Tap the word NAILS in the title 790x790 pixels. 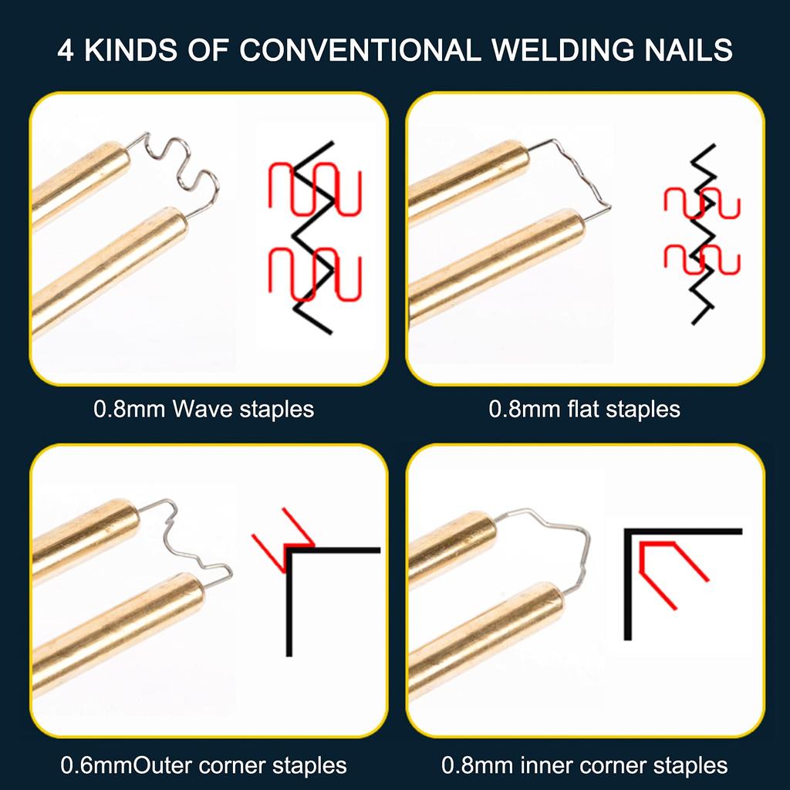pyautogui.click(x=690, y=50)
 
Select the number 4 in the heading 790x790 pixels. pyautogui.click(x=66, y=50)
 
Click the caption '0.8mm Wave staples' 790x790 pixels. pyautogui.click(x=204, y=409)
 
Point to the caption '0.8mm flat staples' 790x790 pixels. pyautogui.click(x=584, y=409)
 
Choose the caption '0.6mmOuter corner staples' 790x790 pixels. pyautogui.click(x=204, y=765)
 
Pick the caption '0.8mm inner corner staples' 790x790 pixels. pyautogui.click(x=584, y=765)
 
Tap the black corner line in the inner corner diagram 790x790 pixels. pyautogui.click(x=628, y=586)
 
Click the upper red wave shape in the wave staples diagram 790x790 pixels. pyautogui.click(x=315, y=189)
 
